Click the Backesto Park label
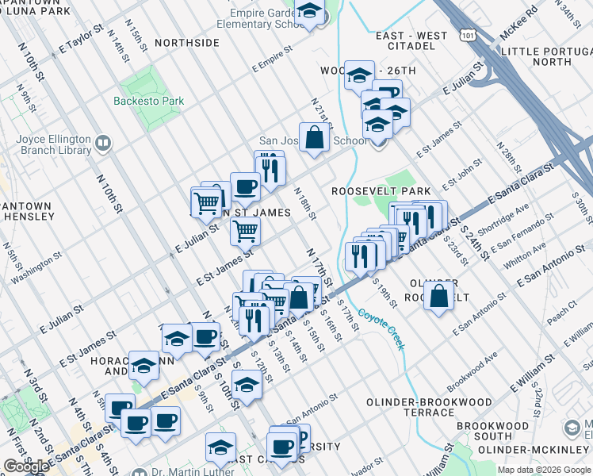click(x=148, y=101)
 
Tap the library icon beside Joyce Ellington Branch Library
click(x=102, y=144)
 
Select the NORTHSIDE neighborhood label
click(x=187, y=42)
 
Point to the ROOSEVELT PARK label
click(x=381, y=191)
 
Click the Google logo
click(x=26, y=466)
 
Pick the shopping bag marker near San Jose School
click(x=315, y=137)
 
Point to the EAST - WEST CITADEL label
click(x=411, y=40)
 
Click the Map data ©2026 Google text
click(x=543, y=470)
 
